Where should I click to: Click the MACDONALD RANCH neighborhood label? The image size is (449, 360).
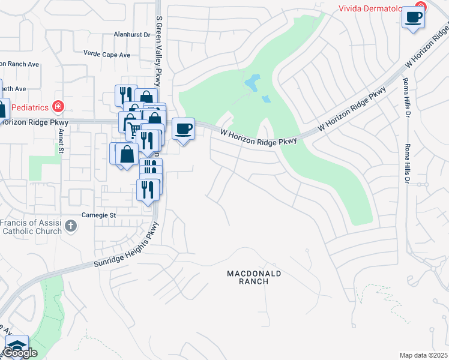coord(254,277)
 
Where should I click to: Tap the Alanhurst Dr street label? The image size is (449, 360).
coord(132,35)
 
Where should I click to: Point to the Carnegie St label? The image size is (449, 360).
coord(98,215)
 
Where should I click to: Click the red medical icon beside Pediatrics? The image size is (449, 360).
coord(58,107)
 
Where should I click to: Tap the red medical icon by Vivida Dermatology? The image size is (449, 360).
coord(420,8)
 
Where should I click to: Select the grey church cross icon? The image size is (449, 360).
coord(71,226)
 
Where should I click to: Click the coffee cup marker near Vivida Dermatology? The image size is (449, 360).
coord(412,17)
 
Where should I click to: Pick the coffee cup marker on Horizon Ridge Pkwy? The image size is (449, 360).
coord(184,128)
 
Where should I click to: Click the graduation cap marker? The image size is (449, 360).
coord(17,346)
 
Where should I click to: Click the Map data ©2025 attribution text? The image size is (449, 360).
coord(424,355)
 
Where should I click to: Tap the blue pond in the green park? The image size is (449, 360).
coord(252,82)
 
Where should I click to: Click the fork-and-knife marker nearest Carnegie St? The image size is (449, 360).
coord(148,190)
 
